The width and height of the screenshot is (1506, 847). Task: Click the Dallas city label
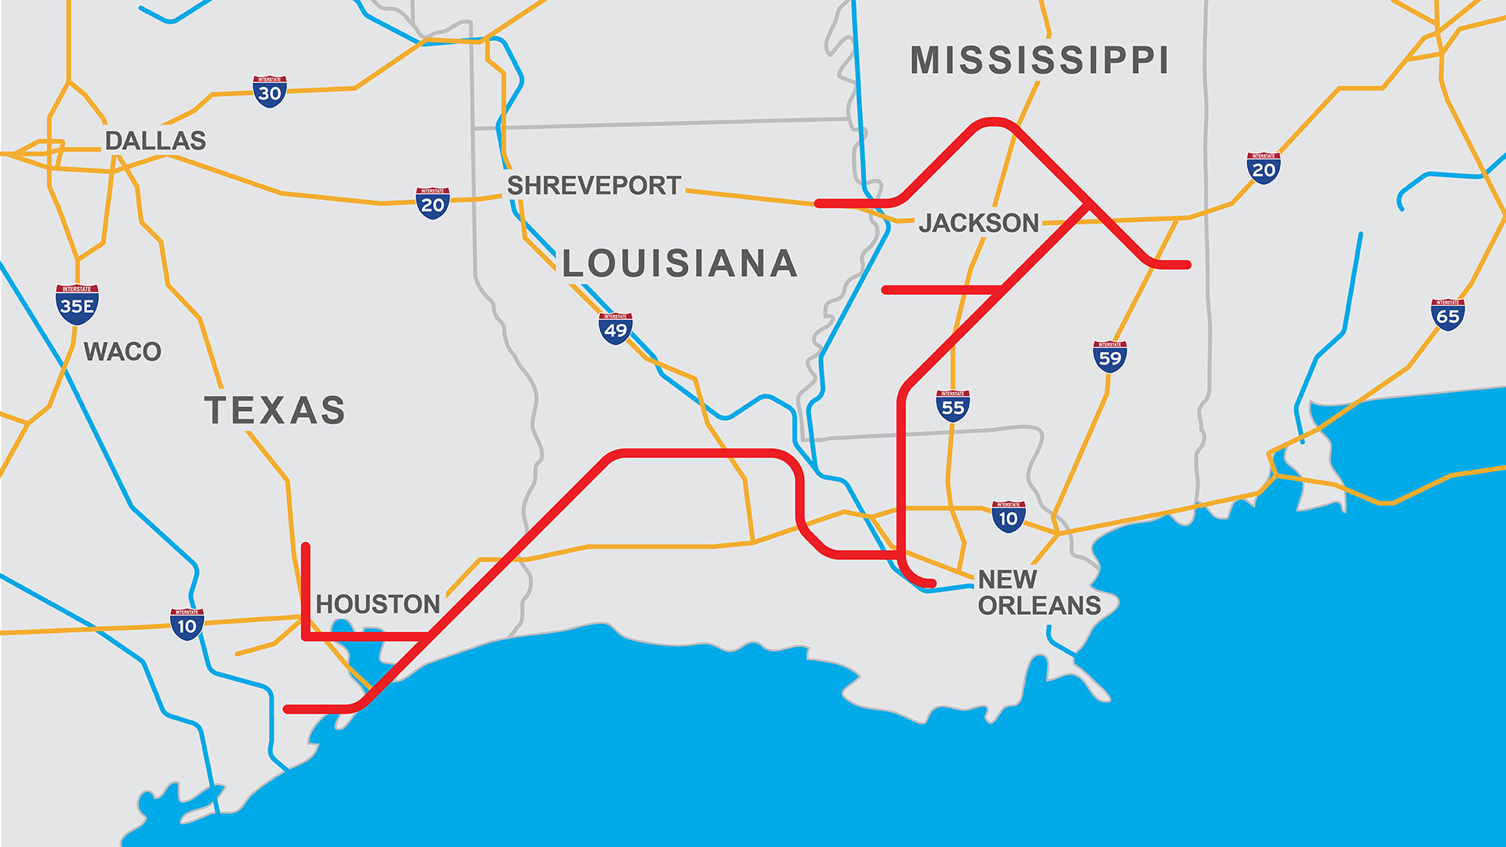[x=155, y=141]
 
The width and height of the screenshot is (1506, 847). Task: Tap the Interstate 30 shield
[x=269, y=92]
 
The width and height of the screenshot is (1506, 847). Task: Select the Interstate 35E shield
[x=77, y=304]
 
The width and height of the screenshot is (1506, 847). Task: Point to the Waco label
[x=122, y=351]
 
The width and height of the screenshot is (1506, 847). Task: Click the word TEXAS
[x=275, y=410]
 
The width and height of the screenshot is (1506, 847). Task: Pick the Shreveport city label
[x=594, y=186]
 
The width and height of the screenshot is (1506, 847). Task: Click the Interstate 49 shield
[x=615, y=329]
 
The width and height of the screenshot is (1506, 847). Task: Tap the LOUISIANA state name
[x=680, y=264]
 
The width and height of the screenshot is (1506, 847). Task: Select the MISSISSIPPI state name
[x=1039, y=61]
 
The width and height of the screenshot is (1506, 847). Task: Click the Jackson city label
[x=979, y=224]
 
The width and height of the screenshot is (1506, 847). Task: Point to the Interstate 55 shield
[x=952, y=406]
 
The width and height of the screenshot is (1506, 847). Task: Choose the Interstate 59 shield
[x=1110, y=357]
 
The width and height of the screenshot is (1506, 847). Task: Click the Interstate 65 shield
[x=1447, y=314]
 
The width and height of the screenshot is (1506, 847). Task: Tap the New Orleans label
[x=1038, y=592]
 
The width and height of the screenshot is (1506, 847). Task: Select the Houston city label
[x=378, y=604]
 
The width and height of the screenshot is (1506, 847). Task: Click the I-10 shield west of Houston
[x=187, y=624]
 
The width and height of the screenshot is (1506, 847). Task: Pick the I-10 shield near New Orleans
[x=1008, y=517]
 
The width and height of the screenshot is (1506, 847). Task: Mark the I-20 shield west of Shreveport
[x=432, y=203]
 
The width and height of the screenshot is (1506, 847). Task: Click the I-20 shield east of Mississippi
[x=1263, y=169]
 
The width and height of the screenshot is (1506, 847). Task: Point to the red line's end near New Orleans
[x=932, y=583]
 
